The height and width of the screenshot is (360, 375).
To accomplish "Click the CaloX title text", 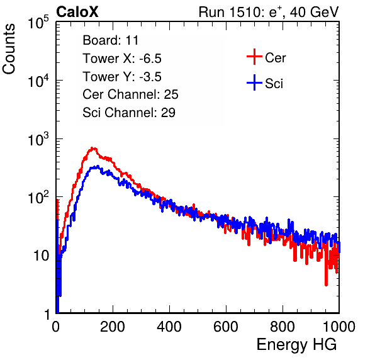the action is (x=77, y=12).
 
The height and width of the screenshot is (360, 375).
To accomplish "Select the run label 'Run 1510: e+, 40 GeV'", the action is (x=269, y=12).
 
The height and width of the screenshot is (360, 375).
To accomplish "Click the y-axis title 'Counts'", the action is (x=9, y=49).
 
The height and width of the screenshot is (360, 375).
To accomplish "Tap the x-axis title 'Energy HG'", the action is (x=296, y=345).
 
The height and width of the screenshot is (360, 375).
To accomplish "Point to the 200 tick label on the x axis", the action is (x=113, y=327).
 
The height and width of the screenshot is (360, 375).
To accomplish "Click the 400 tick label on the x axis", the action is (x=169, y=327).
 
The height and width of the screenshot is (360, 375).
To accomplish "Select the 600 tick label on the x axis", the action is (x=226, y=327).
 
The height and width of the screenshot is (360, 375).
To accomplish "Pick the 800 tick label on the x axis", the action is (x=283, y=327).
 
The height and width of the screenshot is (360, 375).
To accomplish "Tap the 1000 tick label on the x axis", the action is (x=339, y=327).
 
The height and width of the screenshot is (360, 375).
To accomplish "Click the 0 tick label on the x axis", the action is (x=56, y=327).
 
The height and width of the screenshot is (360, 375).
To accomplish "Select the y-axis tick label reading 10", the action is (x=41, y=256).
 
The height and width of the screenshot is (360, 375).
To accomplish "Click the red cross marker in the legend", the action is (x=254, y=57).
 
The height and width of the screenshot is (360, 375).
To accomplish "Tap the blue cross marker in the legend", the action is (x=254, y=83).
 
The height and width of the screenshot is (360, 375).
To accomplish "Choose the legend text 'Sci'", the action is (x=274, y=84).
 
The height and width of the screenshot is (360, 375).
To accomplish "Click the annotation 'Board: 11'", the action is (x=111, y=40).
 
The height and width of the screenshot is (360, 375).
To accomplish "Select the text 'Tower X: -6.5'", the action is (x=122, y=59).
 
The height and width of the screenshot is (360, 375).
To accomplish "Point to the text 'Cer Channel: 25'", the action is (x=130, y=94).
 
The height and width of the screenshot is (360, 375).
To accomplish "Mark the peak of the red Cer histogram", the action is (x=94, y=149).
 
